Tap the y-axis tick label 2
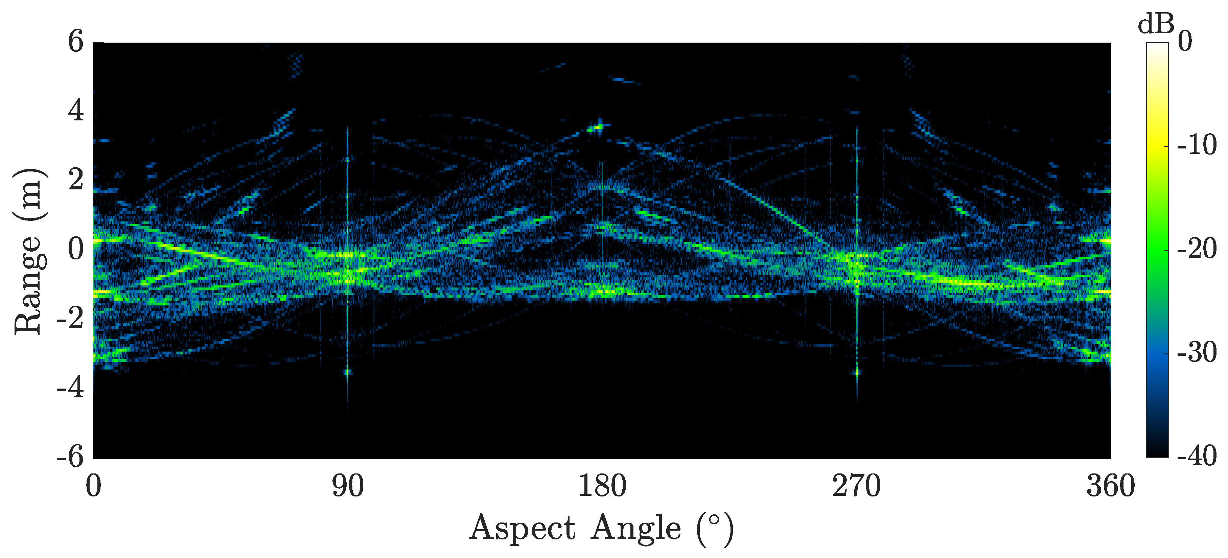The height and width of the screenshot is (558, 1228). click(75, 180)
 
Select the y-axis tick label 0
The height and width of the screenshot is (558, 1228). click(75, 249)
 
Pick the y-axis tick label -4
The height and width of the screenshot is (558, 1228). click(70, 388)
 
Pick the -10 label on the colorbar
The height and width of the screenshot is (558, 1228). click(1197, 145)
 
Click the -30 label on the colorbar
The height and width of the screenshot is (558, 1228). click(1197, 353)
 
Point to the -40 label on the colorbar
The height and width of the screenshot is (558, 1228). click(1197, 457)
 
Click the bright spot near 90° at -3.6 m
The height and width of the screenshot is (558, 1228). click(348, 372)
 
